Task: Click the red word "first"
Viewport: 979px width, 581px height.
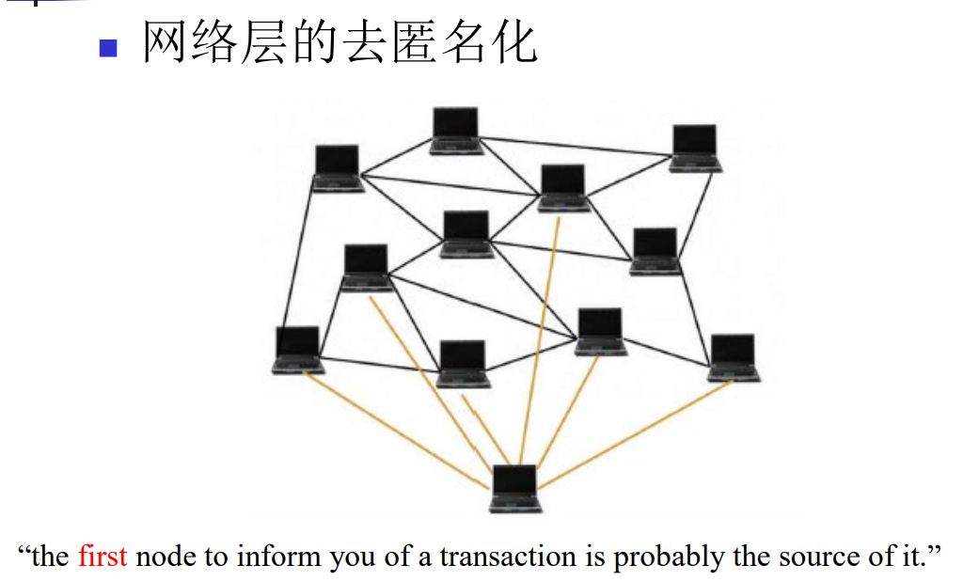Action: (x=103, y=557)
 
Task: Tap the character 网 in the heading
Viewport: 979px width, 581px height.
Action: (x=166, y=42)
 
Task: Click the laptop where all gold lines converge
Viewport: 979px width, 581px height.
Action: (x=515, y=488)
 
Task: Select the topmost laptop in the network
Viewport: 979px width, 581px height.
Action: (x=456, y=130)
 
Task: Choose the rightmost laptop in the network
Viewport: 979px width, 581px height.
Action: (x=734, y=357)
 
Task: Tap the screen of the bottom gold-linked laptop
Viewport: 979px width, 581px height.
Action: (x=514, y=481)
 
